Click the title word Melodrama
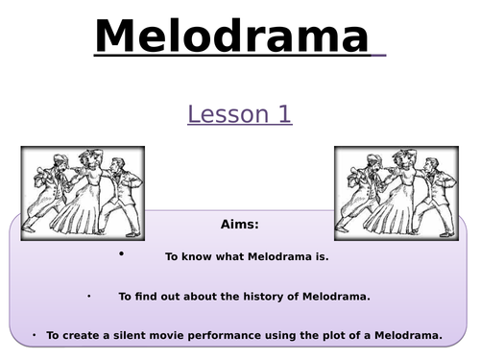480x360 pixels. [231, 37]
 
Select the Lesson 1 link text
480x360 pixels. [239, 114]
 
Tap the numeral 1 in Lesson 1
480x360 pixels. [283, 114]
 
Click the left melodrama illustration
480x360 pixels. [83, 193]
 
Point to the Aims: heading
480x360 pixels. [239, 225]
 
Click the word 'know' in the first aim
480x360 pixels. [196, 257]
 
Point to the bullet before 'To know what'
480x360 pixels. [122, 254]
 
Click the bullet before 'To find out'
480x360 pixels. [89, 296]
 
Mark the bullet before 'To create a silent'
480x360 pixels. [33, 334]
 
